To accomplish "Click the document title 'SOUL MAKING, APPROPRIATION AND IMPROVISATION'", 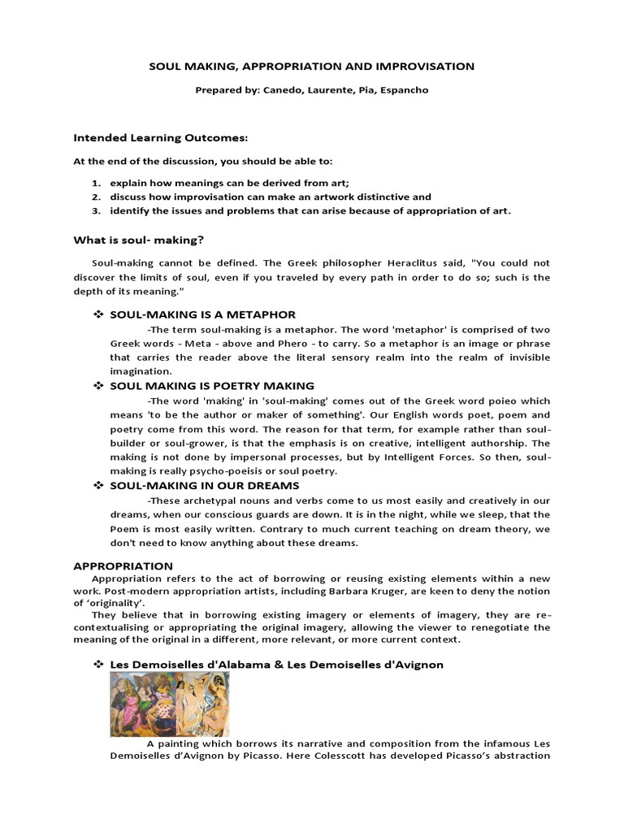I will (311, 66).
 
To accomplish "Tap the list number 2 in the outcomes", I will (94, 197).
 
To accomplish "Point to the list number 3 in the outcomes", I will (94, 211).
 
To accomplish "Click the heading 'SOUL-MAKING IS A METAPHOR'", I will (202, 314).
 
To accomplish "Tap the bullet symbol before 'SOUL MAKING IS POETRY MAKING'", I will (98, 386).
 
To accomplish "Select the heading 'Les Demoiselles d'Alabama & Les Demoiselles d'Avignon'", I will (276, 665).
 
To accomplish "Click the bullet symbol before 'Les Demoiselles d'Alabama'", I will (98, 665).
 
